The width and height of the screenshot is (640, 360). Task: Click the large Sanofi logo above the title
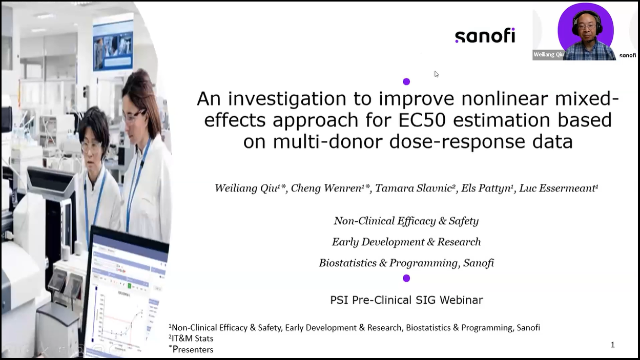[485, 35]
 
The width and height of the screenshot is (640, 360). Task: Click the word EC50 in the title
[422, 120]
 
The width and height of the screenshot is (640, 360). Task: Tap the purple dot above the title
[406, 81]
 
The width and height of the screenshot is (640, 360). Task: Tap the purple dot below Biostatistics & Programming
[406, 278]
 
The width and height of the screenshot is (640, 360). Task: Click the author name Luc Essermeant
[559, 188]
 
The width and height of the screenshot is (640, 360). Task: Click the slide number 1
[612, 345]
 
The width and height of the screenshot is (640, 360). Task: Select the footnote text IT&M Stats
[192, 338]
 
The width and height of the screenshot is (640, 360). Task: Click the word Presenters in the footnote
[193, 349]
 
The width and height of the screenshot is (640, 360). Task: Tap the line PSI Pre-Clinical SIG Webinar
[406, 300]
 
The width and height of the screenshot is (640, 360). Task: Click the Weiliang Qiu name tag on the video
[548, 54]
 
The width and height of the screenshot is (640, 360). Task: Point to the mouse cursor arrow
[436, 74]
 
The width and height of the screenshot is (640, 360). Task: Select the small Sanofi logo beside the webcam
[627, 55]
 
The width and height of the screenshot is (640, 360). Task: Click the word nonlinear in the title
[505, 98]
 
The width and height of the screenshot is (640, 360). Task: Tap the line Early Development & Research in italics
[406, 242]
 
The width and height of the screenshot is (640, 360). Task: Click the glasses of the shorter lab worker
[91, 146]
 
